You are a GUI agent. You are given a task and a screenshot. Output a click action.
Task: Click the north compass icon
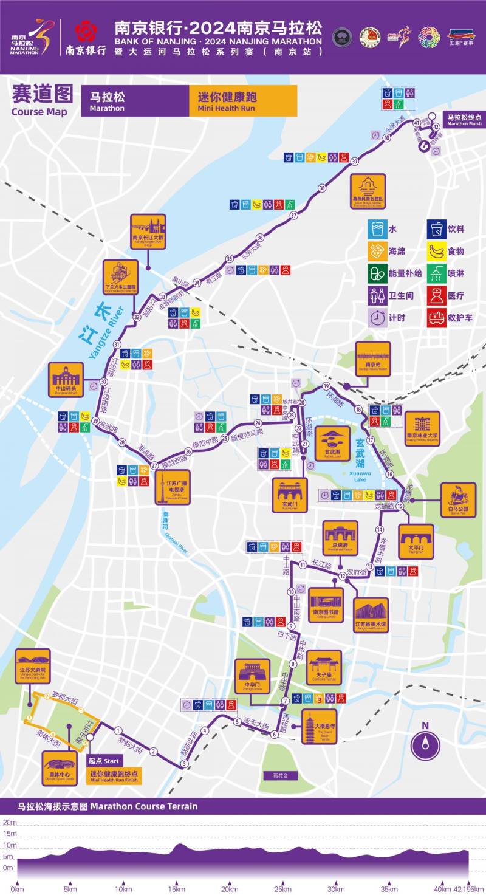[425, 744]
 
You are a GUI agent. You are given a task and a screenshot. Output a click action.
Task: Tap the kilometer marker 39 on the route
[355, 161]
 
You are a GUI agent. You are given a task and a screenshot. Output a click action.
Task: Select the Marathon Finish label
[464, 120]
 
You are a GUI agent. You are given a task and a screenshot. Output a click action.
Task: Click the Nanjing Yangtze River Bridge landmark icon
[149, 231]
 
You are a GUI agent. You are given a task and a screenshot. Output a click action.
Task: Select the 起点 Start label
[105, 761]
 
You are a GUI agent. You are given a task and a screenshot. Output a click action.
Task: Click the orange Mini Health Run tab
[243, 101]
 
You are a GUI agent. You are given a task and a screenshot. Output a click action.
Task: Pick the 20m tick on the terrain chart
[9, 822]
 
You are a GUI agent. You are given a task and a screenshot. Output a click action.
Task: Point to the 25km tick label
[282, 890]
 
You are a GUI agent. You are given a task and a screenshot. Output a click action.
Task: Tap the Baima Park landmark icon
[458, 500]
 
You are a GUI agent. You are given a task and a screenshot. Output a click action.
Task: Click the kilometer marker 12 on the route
[343, 575]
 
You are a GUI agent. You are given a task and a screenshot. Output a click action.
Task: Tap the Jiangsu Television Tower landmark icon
[172, 487]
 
